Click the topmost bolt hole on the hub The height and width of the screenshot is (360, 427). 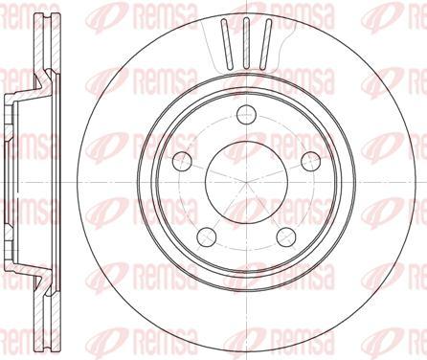243,109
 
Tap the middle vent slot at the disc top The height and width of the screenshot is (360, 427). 244,36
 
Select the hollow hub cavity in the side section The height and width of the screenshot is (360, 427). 24,180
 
